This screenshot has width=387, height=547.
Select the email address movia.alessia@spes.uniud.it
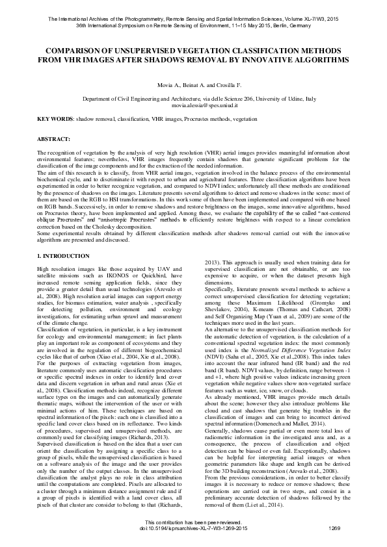[x=194, y=104]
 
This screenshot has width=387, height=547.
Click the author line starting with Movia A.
[x=194, y=85]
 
